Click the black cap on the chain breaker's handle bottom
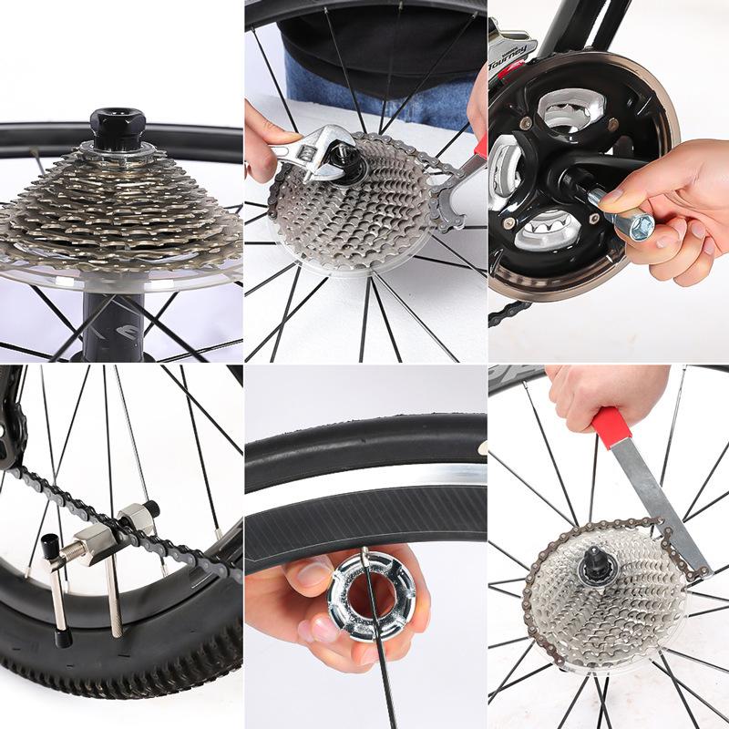61,639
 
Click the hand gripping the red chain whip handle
601,392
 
